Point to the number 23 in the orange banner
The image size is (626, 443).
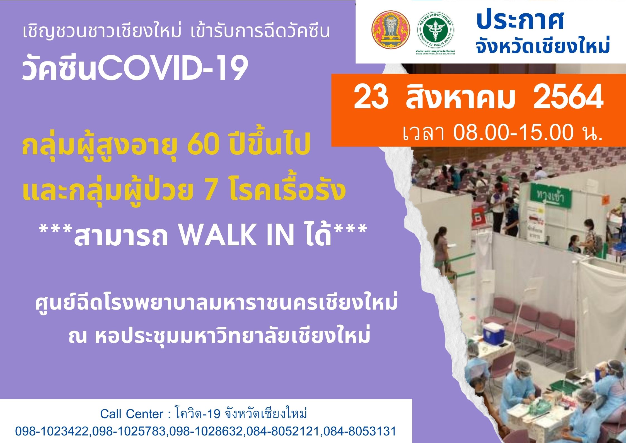371,99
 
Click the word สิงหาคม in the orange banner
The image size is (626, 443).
460,99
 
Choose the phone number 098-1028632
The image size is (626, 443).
206,431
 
